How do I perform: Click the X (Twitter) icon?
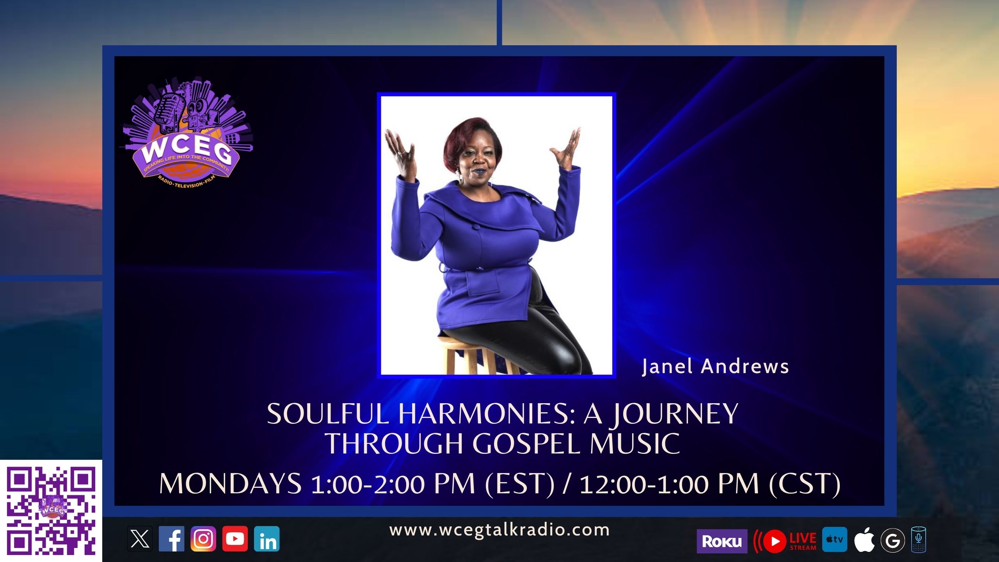[x=140, y=539]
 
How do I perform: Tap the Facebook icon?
[x=171, y=539]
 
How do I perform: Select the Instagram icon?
[x=203, y=539]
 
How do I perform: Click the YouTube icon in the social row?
[x=235, y=539]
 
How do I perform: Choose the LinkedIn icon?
[x=267, y=539]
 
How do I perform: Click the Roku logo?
[x=722, y=541]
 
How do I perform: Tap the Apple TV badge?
[x=834, y=539]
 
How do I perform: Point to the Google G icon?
[x=892, y=541]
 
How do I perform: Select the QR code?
[x=51, y=511]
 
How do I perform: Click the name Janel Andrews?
[x=715, y=366]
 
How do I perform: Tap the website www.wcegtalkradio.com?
[x=499, y=530]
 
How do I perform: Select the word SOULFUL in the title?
[x=328, y=414]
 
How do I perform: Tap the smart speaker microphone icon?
[x=919, y=540]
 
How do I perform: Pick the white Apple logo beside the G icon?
[x=864, y=540]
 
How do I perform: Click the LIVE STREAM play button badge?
[x=785, y=541]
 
